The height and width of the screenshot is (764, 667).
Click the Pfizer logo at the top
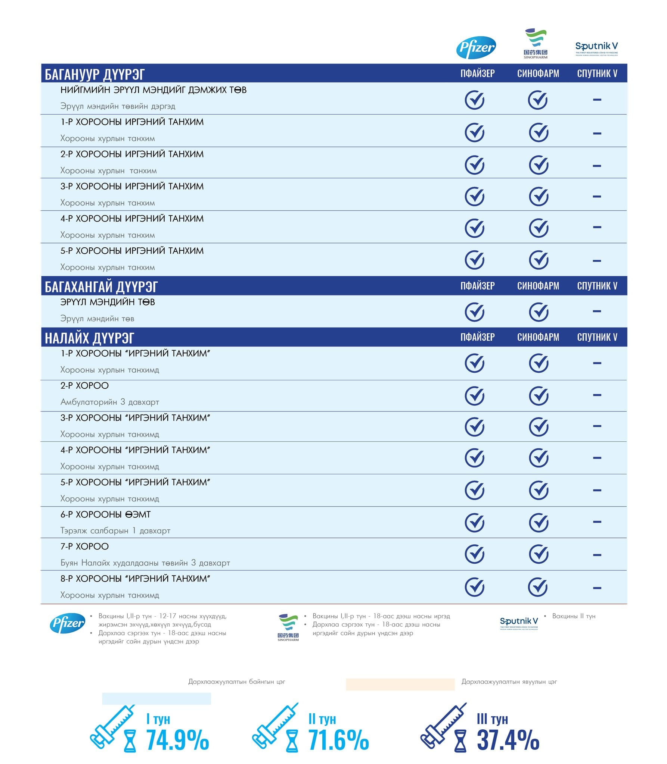pyautogui.click(x=476, y=47)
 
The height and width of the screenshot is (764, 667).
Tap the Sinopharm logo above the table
pyautogui.click(x=535, y=43)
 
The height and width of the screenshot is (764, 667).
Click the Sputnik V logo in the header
pyautogui.click(x=596, y=48)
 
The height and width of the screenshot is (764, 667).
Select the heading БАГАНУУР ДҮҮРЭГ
pyautogui.click(x=94, y=74)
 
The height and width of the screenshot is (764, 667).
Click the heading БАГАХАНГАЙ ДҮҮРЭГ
pyautogui.click(x=101, y=286)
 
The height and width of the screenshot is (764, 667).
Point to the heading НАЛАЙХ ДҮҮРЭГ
pyautogui.click(x=89, y=338)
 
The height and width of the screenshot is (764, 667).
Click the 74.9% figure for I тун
pyautogui.click(x=177, y=740)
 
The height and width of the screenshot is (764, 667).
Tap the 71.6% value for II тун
pyautogui.click(x=338, y=740)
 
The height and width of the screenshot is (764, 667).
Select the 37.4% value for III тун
pyautogui.click(x=508, y=740)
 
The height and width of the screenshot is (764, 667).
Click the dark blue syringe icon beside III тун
pyautogui.click(x=443, y=727)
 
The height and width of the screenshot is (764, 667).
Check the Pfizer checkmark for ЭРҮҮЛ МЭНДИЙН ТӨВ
pyautogui.click(x=474, y=312)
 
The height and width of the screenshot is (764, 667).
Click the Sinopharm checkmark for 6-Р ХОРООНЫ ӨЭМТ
pyautogui.click(x=539, y=522)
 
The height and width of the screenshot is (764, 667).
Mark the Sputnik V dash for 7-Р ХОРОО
pyautogui.click(x=597, y=555)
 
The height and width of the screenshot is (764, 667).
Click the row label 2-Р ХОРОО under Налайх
pyautogui.click(x=84, y=386)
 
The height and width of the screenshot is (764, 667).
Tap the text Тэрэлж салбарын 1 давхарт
pyautogui.click(x=115, y=530)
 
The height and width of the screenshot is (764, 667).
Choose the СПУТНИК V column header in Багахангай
pyautogui.click(x=597, y=286)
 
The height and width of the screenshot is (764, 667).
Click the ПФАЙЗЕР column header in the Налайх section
pyautogui.click(x=477, y=337)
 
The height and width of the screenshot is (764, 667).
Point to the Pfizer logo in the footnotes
pyautogui.click(x=68, y=623)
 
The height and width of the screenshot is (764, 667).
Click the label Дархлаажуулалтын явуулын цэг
pyautogui.click(x=509, y=682)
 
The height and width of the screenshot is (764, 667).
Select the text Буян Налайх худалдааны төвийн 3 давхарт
pyautogui.click(x=145, y=563)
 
